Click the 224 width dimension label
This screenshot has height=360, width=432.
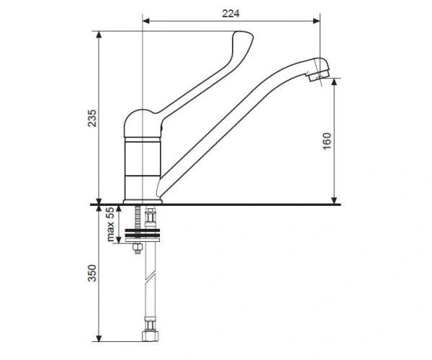(230, 14)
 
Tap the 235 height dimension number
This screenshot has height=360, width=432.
(92, 118)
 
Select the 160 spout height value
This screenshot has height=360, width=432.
(327, 141)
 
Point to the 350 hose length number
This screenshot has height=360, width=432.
(92, 273)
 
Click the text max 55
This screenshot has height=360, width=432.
(110, 225)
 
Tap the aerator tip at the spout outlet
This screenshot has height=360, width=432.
(318, 75)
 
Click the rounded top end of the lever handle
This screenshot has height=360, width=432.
(243, 36)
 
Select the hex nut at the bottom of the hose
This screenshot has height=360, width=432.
(150, 336)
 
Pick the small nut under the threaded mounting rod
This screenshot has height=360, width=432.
(138, 247)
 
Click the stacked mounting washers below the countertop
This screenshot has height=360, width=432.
(143, 235)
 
